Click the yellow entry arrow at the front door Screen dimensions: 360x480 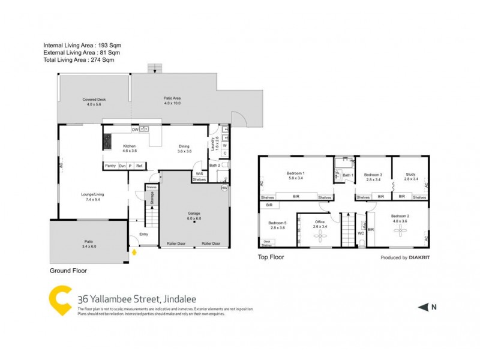[x=134, y=253]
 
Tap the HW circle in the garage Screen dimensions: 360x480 [x=225, y=188]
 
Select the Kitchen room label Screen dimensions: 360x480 [x=130, y=146]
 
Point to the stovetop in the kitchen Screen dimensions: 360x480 [x=108, y=142]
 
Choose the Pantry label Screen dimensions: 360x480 [x=110, y=166]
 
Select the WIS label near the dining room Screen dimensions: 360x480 [x=199, y=174]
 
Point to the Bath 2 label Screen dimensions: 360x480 [x=214, y=166]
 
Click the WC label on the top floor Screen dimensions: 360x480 [x=361, y=233]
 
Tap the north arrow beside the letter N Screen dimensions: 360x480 [x=423, y=308]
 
